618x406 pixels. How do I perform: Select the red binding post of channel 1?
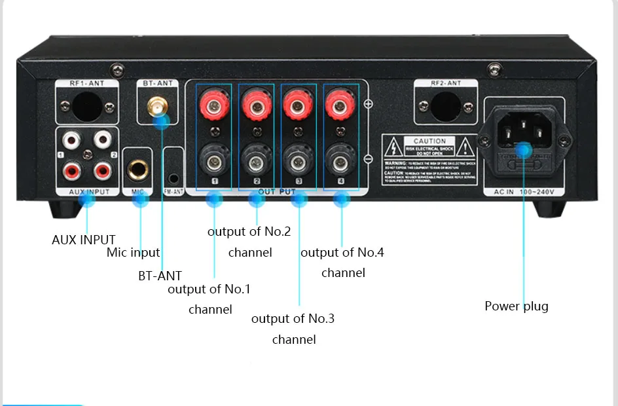tap(214, 103)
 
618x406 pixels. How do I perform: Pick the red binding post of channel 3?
tap(298, 103)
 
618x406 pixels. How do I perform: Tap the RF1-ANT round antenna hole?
tap(86, 107)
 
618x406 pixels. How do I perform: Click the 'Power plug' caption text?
tap(517, 306)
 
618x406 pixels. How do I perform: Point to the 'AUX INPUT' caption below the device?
tap(83, 240)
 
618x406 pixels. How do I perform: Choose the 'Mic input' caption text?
tap(133, 252)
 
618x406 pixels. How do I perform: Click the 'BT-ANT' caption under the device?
tap(160, 276)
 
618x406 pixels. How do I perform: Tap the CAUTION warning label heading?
tap(429, 141)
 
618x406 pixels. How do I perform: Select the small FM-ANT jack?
tap(173, 177)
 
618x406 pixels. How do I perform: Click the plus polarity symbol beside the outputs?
tap(368, 104)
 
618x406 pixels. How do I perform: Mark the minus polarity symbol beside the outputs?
tap(368, 159)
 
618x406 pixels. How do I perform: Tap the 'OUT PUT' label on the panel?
tap(276, 192)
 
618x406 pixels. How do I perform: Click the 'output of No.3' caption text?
tap(293, 318)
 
